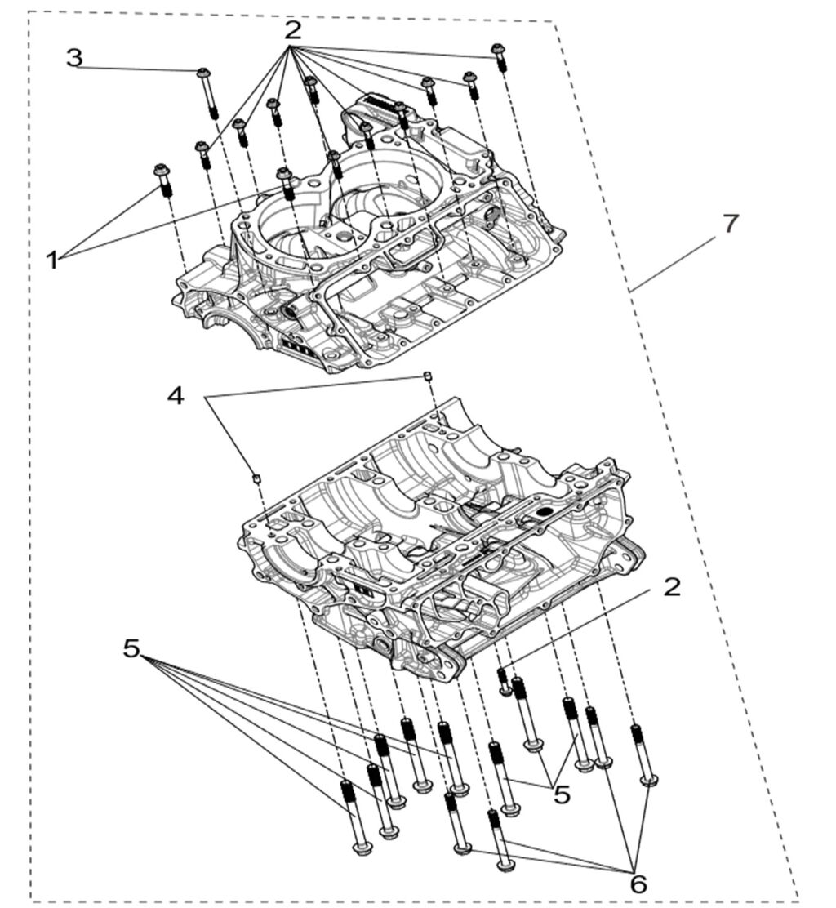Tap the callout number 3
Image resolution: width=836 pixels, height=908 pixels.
pyautogui.click(x=74, y=58)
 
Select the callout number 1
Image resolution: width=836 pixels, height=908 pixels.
pyautogui.click(x=52, y=260)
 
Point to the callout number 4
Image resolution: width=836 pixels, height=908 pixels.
pyautogui.click(x=176, y=396)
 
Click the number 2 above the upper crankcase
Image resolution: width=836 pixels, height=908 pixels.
pyautogui.click(x=292, y=31)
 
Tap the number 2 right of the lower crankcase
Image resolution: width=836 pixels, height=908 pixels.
pyautogui.click(x=671, y=587)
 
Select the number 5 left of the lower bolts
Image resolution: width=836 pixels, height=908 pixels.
pyautogui.click(x=132, y=648)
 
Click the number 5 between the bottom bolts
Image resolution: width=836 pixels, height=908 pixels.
pyautogui.click(x=562, y=794)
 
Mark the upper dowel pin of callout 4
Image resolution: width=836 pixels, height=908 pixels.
pyautogui.click(x=426, y=375)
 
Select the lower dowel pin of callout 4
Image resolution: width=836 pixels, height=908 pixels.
pyautogui.click(x=255, y=478)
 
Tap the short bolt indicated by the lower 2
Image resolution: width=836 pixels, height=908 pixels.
pyautogui.click(x=504, y=681)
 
